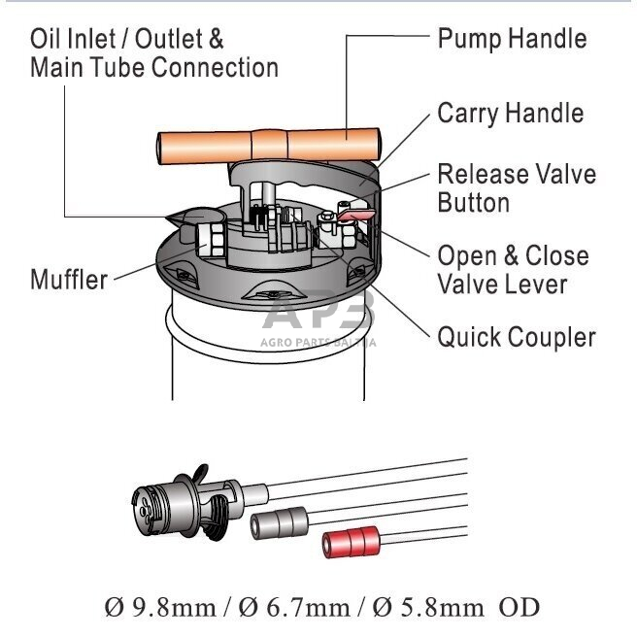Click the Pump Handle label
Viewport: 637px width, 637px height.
click(512, 39)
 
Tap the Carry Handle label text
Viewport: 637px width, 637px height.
click(510, 113)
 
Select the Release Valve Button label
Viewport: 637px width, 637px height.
click(516, 188)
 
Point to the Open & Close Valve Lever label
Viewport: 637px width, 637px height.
click(513, 270)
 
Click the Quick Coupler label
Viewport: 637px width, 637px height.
click(516, 338)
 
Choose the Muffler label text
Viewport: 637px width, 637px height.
click(68, 281)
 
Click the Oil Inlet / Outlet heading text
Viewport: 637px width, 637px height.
click(127, 39)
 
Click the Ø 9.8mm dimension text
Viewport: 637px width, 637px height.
click(160, 608)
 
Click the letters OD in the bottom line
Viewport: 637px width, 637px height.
click(519, 608)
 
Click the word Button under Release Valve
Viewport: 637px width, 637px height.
click(473, 203)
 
